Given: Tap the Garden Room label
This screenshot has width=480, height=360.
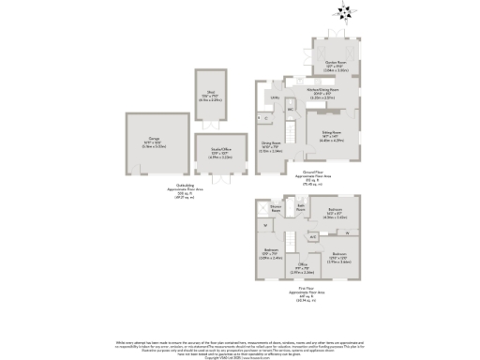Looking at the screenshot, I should pyautogui.click(x=336, y=64).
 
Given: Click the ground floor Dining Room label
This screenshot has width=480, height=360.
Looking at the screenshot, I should pyautogui.click(x=272, y=144).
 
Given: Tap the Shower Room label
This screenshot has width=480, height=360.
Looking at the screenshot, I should pyautogui.click(x=277, y=209).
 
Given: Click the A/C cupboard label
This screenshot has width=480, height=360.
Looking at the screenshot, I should pyautogui.click(x=312, y=237).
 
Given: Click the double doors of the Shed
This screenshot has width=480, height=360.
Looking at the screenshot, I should pyautogui.click(x=210, y=123).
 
